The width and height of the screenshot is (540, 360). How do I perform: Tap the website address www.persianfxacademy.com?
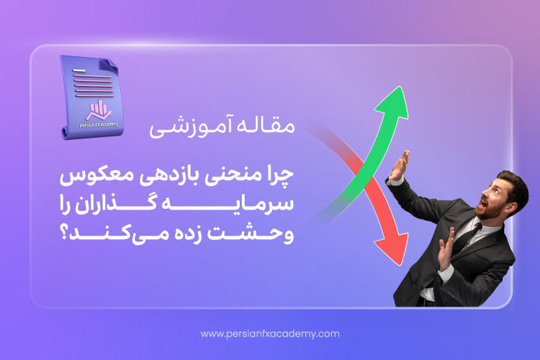270,334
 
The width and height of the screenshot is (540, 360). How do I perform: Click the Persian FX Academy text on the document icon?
99,124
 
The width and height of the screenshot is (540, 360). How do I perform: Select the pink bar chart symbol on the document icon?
99,110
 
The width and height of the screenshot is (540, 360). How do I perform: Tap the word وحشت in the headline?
249,234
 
